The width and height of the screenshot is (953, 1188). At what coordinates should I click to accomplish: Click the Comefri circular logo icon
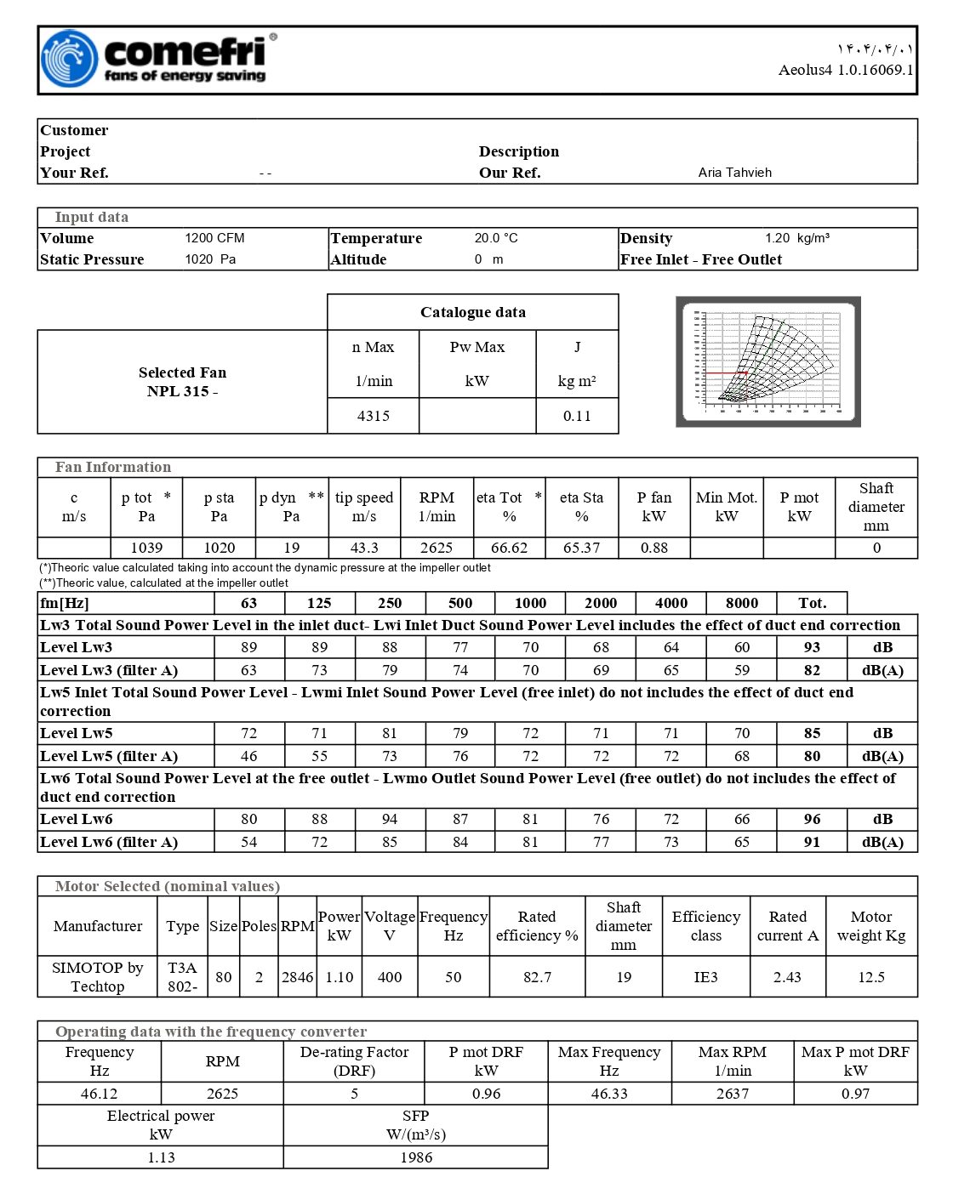click(69, 59)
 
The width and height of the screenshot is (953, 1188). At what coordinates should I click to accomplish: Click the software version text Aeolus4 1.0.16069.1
click(845, 70)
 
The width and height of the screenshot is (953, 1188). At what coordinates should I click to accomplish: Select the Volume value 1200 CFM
click(214, 238)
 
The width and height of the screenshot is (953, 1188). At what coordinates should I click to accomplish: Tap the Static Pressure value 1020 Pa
click(210, 259)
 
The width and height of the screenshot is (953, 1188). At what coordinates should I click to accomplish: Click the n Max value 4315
click(373, 416)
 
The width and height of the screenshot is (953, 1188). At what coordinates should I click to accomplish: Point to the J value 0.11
click(577, 416)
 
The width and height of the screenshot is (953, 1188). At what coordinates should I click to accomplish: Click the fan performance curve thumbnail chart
click(768, 361)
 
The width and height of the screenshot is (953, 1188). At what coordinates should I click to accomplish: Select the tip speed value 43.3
click(363, 548)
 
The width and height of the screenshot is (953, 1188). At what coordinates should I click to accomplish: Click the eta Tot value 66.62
click(509, 548)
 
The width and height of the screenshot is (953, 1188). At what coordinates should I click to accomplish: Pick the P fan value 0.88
click(653, 548)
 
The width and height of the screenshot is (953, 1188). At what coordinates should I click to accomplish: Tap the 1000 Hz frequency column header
click(530, 603)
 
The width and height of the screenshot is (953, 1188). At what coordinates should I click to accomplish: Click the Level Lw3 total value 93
click(812, 647)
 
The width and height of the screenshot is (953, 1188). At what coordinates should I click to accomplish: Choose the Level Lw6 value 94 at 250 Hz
click(390, 819)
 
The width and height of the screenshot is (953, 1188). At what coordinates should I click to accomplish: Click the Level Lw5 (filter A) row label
click(109, 756)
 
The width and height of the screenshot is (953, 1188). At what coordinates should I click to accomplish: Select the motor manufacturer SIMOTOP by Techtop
click(98, 977)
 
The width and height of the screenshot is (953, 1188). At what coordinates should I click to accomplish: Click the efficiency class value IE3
click(705, 977)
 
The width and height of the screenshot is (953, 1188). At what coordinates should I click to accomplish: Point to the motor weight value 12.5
click(871, 977)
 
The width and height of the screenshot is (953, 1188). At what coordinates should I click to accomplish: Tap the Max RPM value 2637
click(732, 1094)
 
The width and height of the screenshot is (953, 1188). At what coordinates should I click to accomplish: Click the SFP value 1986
click(416, 1157)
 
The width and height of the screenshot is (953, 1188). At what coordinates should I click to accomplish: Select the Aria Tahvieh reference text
click(734, 173)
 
